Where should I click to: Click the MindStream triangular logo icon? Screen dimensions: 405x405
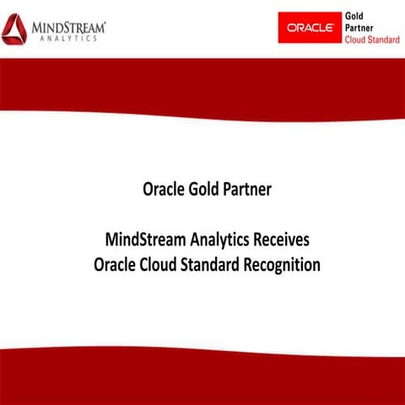(13, 30)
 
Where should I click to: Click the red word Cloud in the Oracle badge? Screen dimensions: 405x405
(356, 39)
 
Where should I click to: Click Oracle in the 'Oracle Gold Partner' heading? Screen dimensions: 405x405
(162, 188)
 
